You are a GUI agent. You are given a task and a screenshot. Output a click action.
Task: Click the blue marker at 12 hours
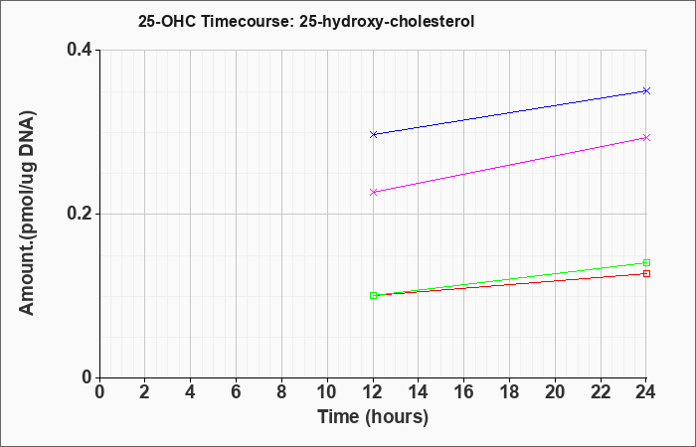click(x=373, y=134)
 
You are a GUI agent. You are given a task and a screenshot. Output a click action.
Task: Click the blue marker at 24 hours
click(x=646, y=91)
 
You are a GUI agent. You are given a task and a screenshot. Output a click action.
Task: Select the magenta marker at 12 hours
click(x=373, y=192)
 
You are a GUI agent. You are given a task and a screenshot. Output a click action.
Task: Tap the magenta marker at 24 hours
click(x=646, y=137)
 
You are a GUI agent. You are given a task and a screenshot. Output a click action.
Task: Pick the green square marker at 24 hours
click(x=646, y=262)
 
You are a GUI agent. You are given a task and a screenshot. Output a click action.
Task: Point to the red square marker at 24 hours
click(x=646, y=273)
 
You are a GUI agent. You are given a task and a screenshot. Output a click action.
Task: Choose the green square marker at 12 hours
click(x=373, y=295)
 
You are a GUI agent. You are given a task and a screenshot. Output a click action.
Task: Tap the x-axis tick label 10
click(x=327, y=392)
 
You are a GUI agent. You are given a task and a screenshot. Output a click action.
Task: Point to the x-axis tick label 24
click(x=645, y=392)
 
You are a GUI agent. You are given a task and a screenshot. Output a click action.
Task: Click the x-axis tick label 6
click(x=236, y=392)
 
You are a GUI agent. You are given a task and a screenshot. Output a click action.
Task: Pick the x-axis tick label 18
click(x=509, y=392)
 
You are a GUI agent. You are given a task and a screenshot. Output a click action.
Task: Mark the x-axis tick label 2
click(x=145, y=392)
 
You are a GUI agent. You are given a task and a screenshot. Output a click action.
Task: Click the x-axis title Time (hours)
click(x=373, y=417)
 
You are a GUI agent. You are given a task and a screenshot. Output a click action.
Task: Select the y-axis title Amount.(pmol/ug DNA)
click(x=28, y=214)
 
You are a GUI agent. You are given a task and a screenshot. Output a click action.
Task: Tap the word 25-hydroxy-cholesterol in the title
click(x=387, y=22)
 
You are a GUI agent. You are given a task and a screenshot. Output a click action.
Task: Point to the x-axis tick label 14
click(x=419, y=392)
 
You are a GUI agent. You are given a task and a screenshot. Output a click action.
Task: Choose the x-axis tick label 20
click(x=555, y=392)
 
